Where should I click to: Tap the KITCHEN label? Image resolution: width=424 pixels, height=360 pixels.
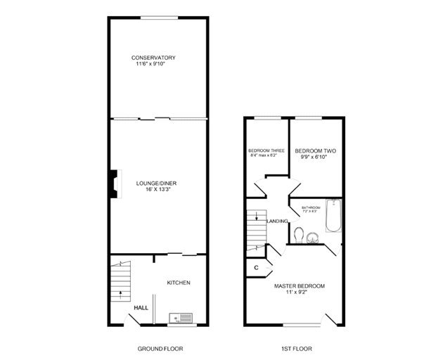click(x=178, y=283)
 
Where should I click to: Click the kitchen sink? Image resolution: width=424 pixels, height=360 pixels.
click(x=181, y=318)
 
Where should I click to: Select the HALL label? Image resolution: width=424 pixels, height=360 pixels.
click(x=141, y=308)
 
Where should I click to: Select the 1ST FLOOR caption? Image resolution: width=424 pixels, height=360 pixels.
click(x=293, y=349)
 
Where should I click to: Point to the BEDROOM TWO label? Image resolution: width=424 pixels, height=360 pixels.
click(x=314, y=151)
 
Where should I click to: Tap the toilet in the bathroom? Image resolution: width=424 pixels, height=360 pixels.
click(x=300, y=233)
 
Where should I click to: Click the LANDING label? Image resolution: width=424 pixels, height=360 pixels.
click(x=277, y=221)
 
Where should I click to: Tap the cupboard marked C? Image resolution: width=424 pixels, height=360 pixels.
click(x=256, y=267)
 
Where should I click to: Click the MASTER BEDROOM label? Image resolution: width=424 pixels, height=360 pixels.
click(x=300, y=286)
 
